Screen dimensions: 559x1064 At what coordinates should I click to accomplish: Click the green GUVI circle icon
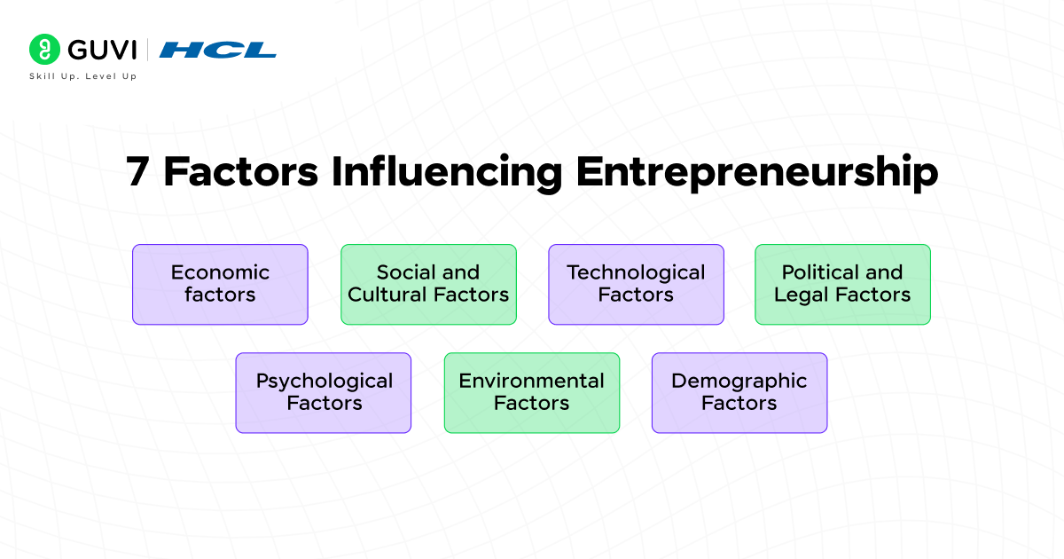click(x=43, y=49)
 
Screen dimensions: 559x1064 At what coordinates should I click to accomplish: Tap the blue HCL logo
click(x=218, y=50)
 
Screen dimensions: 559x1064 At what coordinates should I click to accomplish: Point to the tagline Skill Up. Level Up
click(x=83, y=76)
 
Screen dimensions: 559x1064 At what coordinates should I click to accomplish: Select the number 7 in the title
click(x=137, y=171)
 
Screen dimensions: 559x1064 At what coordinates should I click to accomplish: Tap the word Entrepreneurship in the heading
click(x=756, y=171)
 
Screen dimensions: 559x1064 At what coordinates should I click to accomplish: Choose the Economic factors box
click(x=220, y=284)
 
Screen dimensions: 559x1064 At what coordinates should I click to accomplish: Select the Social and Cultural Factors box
click(x=428, y=284)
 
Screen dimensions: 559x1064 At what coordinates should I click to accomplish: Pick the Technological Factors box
click(x=636, y=284)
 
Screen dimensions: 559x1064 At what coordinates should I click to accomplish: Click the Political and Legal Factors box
click(x=842, y=284)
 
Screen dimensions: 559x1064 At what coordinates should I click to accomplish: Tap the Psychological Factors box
click(x=324, y=392)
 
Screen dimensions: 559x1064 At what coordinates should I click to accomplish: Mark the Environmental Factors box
click(x=531, y=392)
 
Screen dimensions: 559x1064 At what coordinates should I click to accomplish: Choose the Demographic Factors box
click(x=739, y=392)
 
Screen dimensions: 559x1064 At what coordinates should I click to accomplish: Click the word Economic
click(x=220, y=272)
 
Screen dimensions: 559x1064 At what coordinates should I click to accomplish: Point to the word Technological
click(x=636, y=272)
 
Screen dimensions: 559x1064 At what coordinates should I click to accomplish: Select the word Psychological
click(x=324, y=382)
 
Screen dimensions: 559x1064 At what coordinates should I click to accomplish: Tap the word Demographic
click(x=739, y=382)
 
